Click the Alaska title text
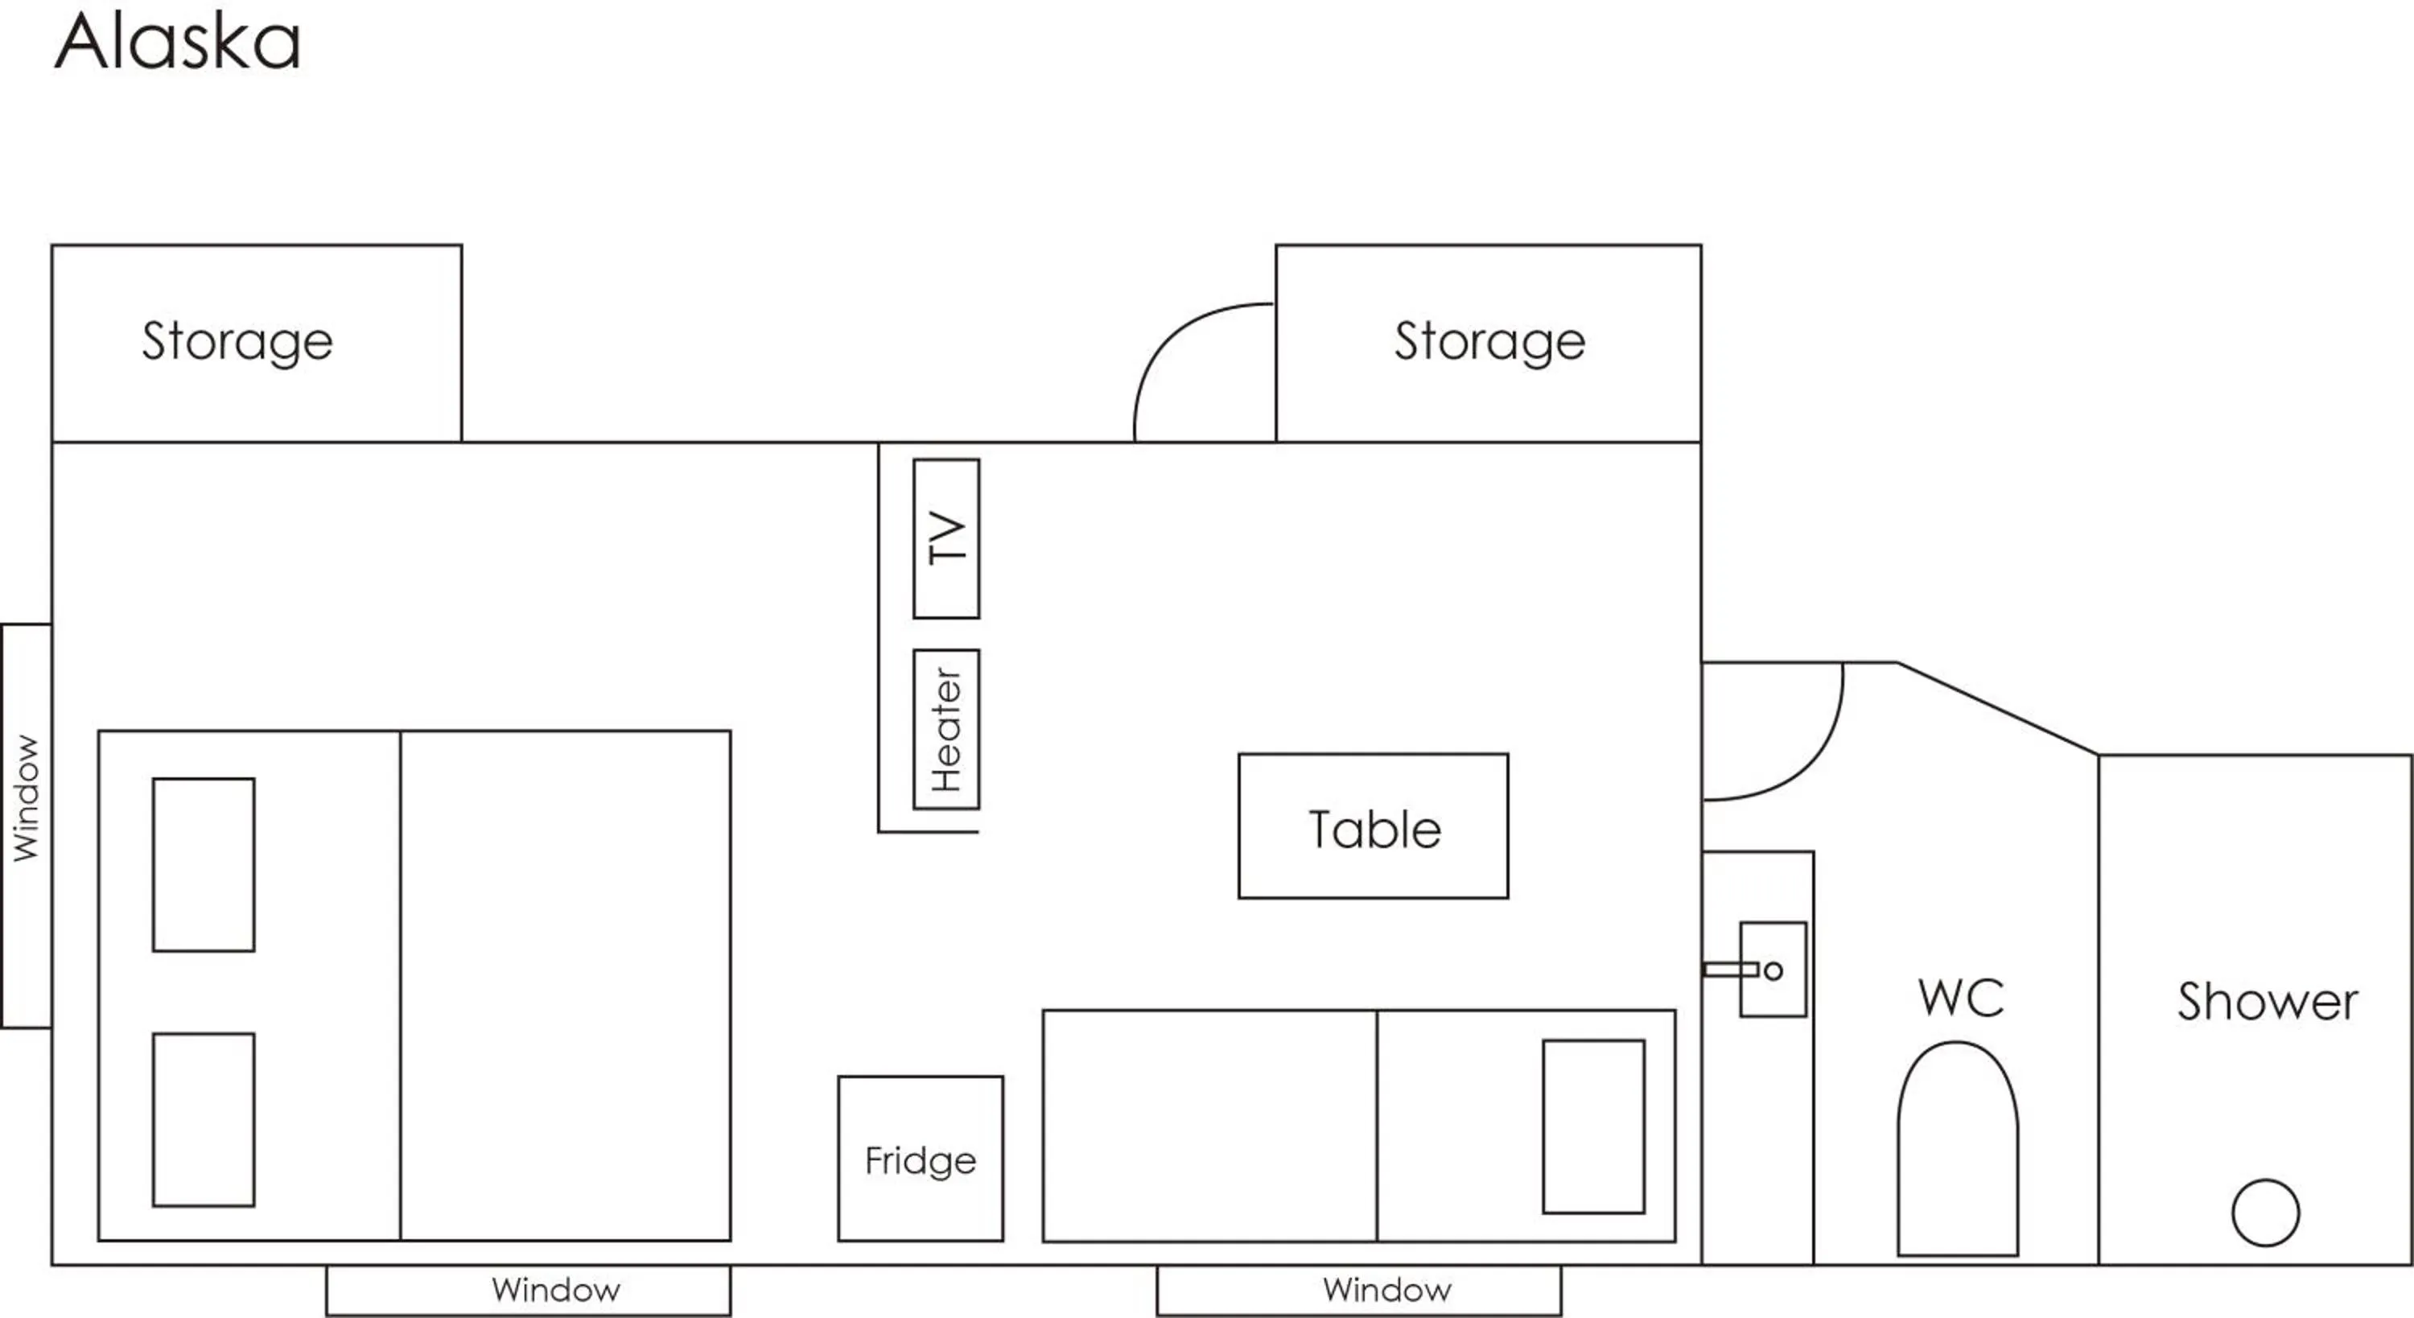pos(178,41)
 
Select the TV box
pos(946,538)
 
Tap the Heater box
pos(946,729)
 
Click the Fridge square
pos(921,1159)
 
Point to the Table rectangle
pos(1374,826)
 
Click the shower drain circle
pos(2265,1212)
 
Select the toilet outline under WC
pos(1958,1148)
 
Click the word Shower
pos(2268,1001)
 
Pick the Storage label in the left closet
pos(237,342)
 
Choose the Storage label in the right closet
pos(1490,342)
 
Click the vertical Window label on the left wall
pos(27,797)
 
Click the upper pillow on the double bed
pos(204,864)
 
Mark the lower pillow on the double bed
pos(204,1119)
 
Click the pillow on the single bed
pos(1594,1126)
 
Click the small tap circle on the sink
pos(1773,970)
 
